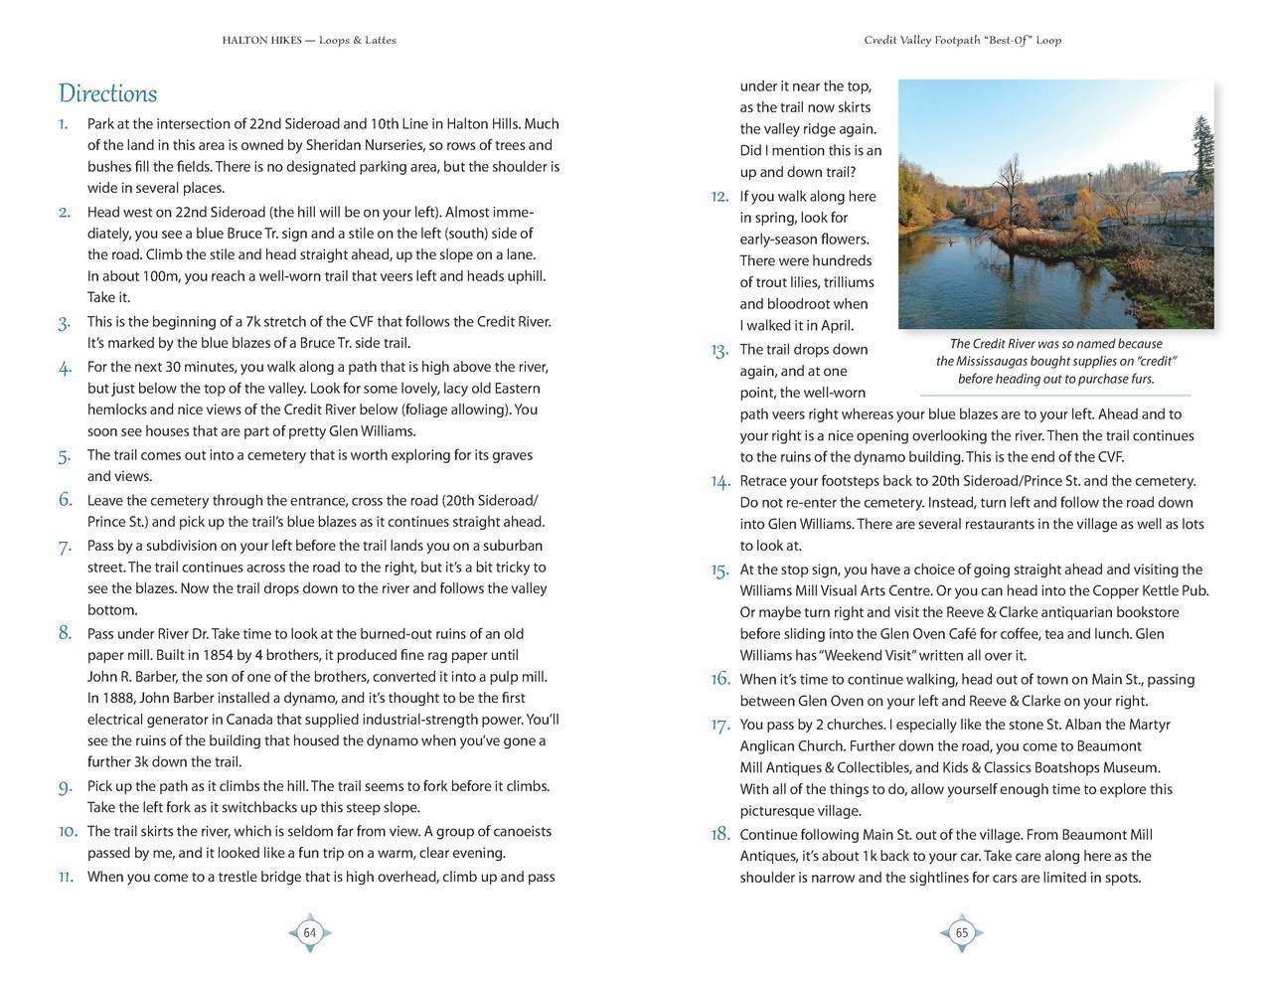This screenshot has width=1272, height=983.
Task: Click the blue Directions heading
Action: [107, 93]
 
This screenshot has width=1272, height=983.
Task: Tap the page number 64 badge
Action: [310, 932]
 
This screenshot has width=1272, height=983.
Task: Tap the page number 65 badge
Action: [961, 932]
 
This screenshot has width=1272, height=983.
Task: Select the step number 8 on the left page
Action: [65, 632]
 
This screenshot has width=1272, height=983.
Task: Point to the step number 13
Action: [719, 350]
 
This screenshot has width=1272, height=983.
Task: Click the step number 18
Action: [719, 834]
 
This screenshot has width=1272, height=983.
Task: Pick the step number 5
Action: [65, 456]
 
